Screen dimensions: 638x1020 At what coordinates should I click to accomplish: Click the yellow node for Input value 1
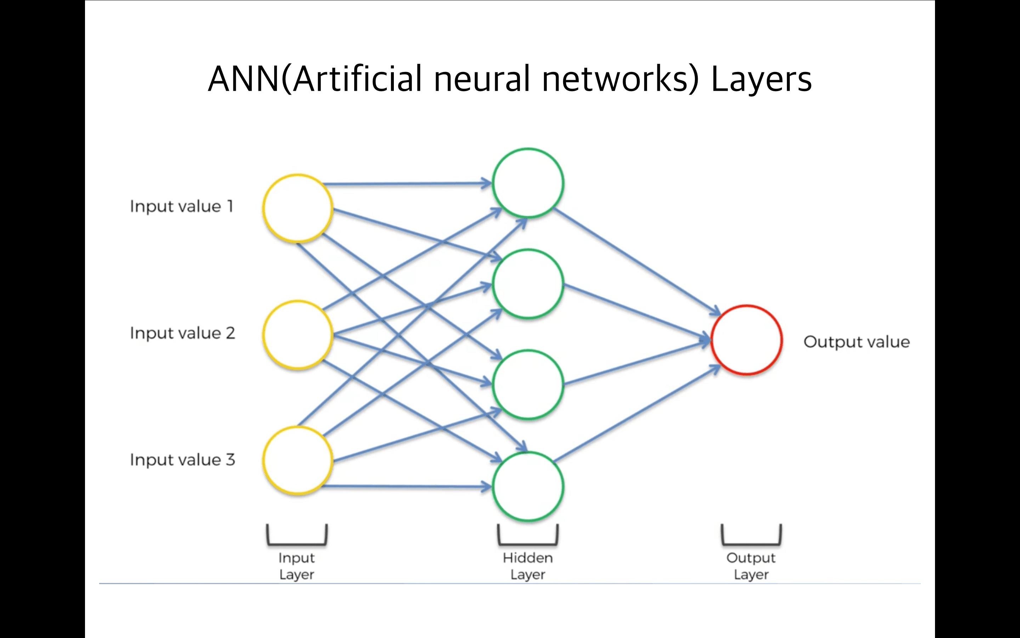pyautogui.click(x=297, y=208)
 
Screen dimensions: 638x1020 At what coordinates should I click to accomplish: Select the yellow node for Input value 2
pyautogui.click(x=297, y=335)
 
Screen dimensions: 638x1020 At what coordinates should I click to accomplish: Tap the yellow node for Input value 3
pyautogui.click(x=297, y=460)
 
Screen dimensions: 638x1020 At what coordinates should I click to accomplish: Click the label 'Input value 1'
pyautogui.click(x=181, y=206)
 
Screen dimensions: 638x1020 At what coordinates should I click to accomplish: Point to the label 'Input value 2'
pyautogui.click(x=182, y=333)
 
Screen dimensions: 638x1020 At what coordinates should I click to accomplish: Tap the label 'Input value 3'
pyautogui.click(x=182, y=459)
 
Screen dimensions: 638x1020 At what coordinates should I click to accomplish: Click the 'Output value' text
pyautogui.click(x=856, y=342)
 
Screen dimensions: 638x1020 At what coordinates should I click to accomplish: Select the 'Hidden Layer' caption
pyautogui.click(x=528, y=566)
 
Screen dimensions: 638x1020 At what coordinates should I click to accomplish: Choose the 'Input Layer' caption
pyautogui.click(x=297, y=566)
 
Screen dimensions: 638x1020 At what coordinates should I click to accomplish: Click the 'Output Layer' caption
pyautogui.click(x=751, y=566)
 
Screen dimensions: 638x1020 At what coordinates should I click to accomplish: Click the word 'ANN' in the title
pyautogui.click(x=244, y=79)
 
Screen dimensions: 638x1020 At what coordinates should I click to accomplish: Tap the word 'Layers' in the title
pyautogui.click(x=761, y=80)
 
